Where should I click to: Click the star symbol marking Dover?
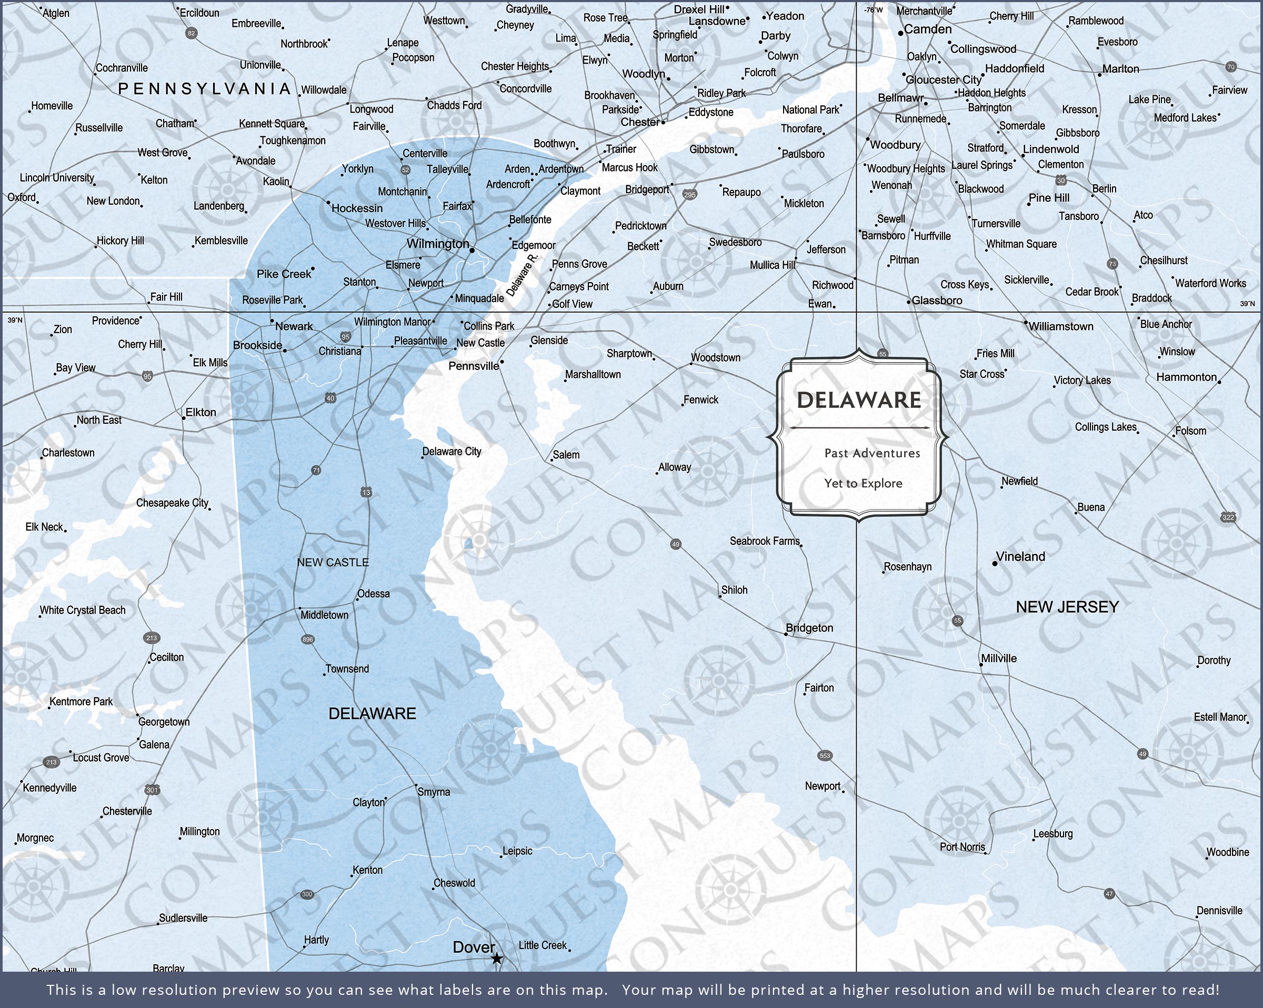(496, 959)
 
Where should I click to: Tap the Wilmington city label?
(438, 244)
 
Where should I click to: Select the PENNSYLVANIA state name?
(204, 89)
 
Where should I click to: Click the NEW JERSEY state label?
(1067, 607)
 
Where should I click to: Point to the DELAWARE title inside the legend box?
(859, 400)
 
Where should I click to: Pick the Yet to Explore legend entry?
(863, 484)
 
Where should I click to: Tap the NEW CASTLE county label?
(333, 563)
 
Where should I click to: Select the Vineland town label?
(1020, 557)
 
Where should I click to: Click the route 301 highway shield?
(152, 790)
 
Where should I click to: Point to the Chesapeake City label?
(172, 503)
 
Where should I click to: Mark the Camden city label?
(927, 29)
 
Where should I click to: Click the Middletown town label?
(324, 615)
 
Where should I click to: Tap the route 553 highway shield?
(825, 755)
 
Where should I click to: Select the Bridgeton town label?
(809, 627)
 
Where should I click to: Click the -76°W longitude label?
(873, 10)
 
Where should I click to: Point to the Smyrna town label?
(434, 792)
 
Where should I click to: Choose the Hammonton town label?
(1186, 377)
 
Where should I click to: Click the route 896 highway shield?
(307, 640)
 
